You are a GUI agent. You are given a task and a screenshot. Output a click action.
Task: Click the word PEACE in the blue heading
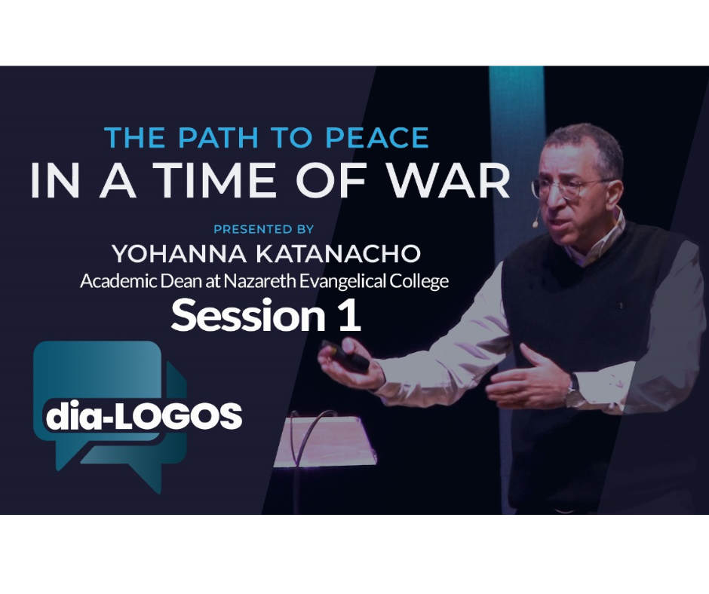pos(377,137)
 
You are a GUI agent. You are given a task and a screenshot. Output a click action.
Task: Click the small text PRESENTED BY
pos(264,229)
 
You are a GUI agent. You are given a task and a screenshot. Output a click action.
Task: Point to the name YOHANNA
pos(180,253)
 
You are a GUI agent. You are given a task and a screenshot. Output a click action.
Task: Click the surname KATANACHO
pos(338,253)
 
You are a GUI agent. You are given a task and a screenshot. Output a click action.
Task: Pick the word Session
pos(248,316)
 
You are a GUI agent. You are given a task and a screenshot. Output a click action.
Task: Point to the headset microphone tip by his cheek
pos(536,223)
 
